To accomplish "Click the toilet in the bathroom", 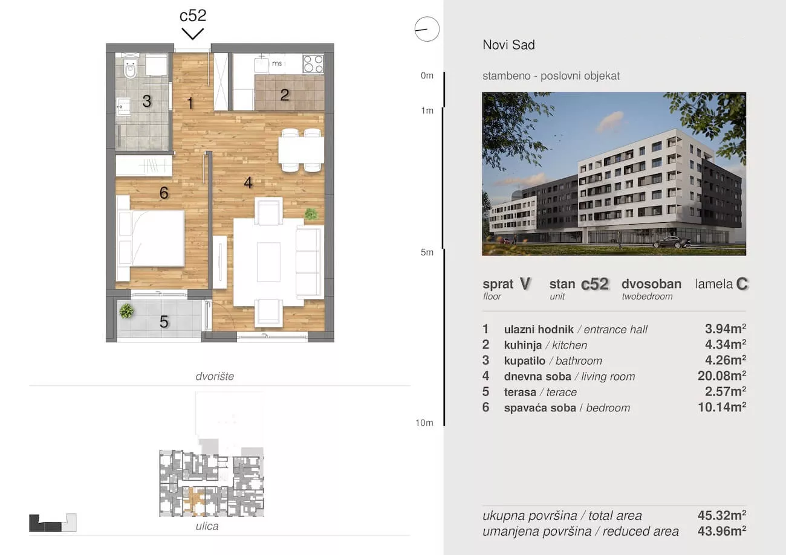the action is click(130, 69).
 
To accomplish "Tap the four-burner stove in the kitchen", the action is click(313, 64).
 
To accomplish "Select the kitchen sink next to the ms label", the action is click(261, 64).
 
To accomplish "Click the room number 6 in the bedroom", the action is click(164, 193).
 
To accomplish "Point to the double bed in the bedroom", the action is click(151, 239).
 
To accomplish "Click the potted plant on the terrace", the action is click(126, 311).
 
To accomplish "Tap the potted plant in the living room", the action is click(311, 214).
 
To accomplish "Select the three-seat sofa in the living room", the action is click(309, 261).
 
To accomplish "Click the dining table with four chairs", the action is click(301, 150).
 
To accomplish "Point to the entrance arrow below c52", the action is click(193, 34).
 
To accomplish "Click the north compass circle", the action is click(427, 29).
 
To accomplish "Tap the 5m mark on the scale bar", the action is click(427, 252).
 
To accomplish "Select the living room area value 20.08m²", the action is click(721, 376).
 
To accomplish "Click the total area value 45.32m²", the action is click(721, 515).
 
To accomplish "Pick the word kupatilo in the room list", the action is click(525, 361).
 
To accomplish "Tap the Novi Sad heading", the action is click(509, 45).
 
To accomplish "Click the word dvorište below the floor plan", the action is click(215, 376).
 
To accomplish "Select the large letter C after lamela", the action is click(742, 284).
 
